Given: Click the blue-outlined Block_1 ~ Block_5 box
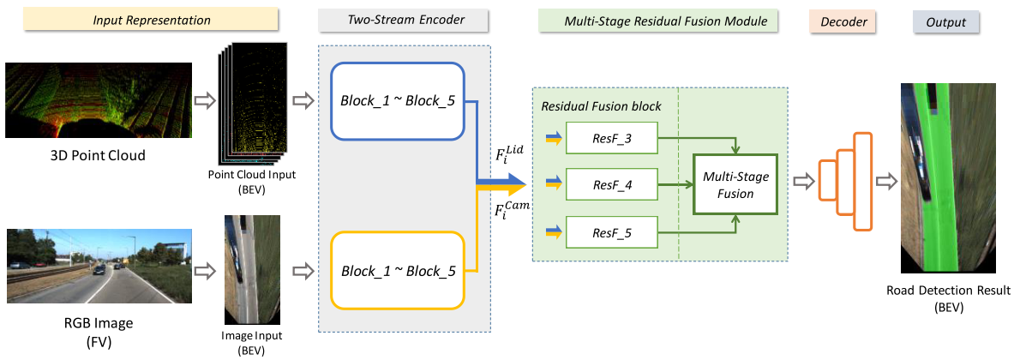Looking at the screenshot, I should coord(397,100).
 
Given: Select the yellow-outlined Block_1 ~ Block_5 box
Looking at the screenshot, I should coord(397,271).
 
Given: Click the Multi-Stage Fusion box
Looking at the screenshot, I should coord(734,184).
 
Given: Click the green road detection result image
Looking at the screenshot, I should coord(946,179).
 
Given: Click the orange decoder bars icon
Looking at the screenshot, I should coord(844,182).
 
